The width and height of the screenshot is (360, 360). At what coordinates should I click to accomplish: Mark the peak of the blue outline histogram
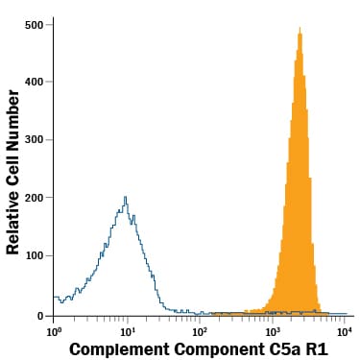click(126, 198)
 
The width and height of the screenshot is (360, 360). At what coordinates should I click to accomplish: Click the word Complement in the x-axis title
click(117, 348)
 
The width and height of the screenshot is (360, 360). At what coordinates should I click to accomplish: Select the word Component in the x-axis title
click(217, 348)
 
